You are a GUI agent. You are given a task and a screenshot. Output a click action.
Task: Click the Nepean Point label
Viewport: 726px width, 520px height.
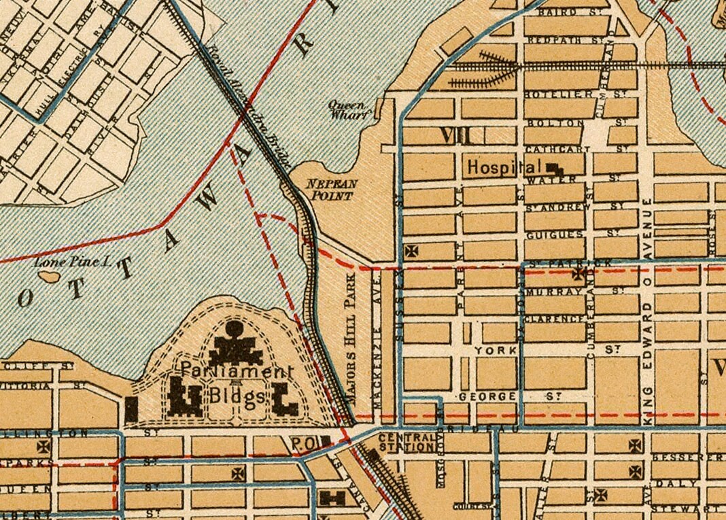click(x=329, y=190)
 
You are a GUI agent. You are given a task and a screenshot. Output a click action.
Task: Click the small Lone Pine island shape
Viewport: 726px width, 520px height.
click(x=49, y=277)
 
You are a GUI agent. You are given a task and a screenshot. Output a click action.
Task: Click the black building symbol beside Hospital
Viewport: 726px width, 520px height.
click(x=555, y=169)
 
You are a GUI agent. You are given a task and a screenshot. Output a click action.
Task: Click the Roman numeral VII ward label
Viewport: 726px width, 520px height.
click(x=455, y=135)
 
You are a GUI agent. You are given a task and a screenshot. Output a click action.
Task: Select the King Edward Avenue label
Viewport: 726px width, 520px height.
click(x=649, y=299)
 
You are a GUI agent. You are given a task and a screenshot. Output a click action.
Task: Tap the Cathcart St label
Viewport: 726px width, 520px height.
click(x=574, y=148)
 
